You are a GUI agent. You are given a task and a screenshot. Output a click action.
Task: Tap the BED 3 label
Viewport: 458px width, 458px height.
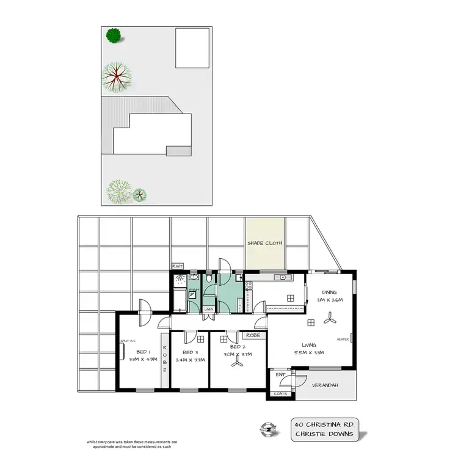tap(191, 353)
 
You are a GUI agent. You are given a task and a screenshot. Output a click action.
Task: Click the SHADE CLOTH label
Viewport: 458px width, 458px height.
tap(265, 243)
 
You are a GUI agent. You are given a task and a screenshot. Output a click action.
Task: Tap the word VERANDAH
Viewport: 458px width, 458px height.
tap(326, 386)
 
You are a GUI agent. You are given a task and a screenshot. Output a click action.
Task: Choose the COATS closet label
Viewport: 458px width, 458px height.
tap(281, 393)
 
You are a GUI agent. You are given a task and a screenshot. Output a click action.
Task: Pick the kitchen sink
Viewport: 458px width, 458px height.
tap(282, 278)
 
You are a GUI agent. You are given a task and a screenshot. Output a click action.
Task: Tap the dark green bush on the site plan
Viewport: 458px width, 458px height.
tap(112, 36)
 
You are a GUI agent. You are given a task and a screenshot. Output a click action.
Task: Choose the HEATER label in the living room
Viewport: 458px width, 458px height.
tap(342, 340)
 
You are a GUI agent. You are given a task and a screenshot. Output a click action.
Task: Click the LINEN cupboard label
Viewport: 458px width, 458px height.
tap(208, 309)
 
